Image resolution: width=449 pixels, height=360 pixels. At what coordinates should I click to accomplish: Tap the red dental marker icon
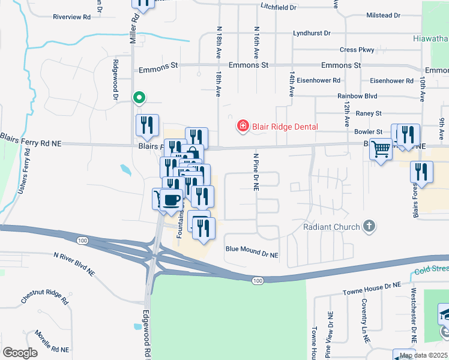point(243,126)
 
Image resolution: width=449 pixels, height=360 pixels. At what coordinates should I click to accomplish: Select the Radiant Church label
point(331,227)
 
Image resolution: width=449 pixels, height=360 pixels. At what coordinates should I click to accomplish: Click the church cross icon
point(369,227)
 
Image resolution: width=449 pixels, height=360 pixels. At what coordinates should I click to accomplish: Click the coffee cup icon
point(172,199)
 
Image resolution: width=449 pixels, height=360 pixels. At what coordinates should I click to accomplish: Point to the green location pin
point(139,97)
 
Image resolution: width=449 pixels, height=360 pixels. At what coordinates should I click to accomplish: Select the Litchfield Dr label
point(279,7)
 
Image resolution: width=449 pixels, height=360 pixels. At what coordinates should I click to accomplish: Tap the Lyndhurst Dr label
point(312,34)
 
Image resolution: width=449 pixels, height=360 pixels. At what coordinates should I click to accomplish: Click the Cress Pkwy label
point(357,50)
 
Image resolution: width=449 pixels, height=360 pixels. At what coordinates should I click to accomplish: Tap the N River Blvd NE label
point(74,263)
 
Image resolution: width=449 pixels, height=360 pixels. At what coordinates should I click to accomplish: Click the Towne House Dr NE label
point(371,290)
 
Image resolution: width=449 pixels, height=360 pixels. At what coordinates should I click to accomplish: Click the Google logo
point(20,353)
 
